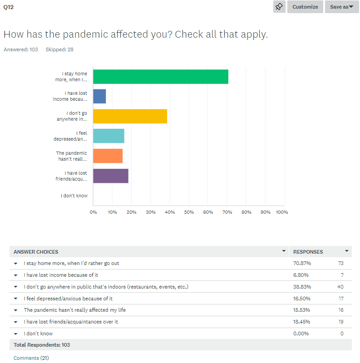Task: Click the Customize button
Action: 305,7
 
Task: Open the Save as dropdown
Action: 342,7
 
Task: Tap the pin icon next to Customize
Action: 279,7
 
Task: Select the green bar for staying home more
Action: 161,77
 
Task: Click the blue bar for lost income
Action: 99,96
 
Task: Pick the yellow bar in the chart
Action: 130,116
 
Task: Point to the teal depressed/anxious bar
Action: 108,136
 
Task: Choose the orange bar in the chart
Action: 108,156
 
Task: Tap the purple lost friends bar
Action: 111,176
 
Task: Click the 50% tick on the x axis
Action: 189,212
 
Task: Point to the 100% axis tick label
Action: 281,212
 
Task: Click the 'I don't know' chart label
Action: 74,196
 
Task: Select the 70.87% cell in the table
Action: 302,263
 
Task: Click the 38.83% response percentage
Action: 302,287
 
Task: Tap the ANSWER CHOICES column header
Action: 36,252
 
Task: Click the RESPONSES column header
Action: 308,252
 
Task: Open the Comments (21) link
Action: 31,358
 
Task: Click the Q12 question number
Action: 9,7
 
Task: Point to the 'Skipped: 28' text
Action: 59,49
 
